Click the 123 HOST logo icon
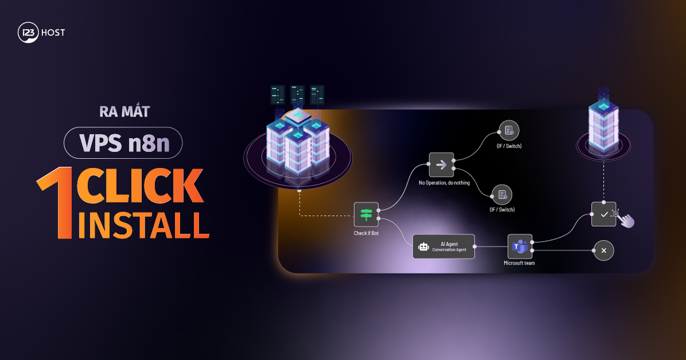click(27, 33)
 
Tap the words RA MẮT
click(123, 112)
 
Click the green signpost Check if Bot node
click(366, 214)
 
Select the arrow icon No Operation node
click(441, 165)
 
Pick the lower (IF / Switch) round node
click(501, 195)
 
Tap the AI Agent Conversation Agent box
click(444, 246)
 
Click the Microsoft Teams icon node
click(520, 246)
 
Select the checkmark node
click(603, 214)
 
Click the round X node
click(604, 250)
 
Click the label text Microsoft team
click(519, 263)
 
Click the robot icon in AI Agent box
click(423, 247)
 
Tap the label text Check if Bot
click(366, 233)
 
